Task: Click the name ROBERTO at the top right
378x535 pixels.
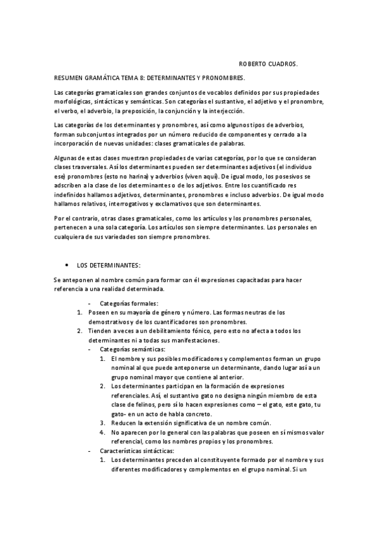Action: click(x=256, y=64)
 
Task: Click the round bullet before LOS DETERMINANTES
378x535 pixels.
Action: click(x=66, y=265)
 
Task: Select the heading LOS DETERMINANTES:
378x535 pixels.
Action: click(x=109, y=265)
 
